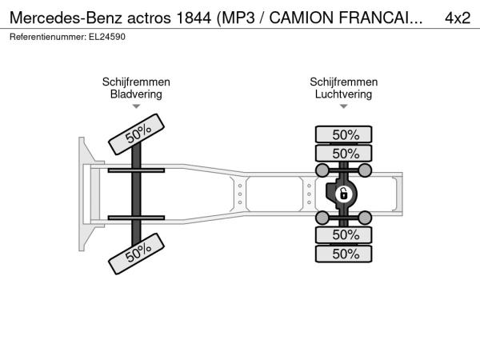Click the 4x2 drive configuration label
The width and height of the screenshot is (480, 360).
coord(458,18)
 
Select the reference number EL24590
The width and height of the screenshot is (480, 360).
coord(107,37)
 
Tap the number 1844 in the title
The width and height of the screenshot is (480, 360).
coord(194,18)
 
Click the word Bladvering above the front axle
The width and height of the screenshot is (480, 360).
coord(136,94)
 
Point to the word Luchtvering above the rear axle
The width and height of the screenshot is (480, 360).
coord(343,94)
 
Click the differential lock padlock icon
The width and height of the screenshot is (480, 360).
coord(343,194)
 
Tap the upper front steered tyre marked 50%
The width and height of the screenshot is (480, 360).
coord(137,134)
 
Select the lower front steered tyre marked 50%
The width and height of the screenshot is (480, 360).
coord(137,254)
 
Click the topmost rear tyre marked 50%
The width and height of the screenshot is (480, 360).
coord(344,134)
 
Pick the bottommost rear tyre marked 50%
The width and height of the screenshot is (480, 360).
coord(344,254)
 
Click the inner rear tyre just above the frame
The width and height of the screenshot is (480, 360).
coord(344,153)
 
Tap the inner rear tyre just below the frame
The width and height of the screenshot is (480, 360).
coord(344,234)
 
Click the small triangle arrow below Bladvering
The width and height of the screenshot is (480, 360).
coord(136,106)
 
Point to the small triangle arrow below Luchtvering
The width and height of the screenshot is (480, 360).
coord(344,106)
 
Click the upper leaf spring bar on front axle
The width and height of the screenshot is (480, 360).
coord(136,170)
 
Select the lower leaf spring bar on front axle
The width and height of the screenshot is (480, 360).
coord(136,218)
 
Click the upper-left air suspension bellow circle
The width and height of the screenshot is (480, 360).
coord(322,170)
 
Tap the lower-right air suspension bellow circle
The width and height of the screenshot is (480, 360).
coord(365,218)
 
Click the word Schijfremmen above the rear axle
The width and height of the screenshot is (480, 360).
coord(344,82)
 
